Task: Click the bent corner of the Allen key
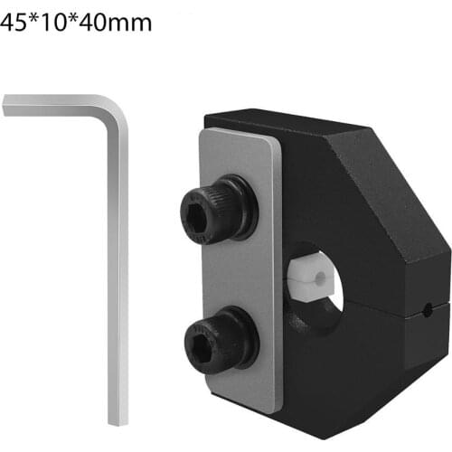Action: coord(118,106)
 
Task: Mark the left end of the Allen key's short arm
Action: coord(6,106)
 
